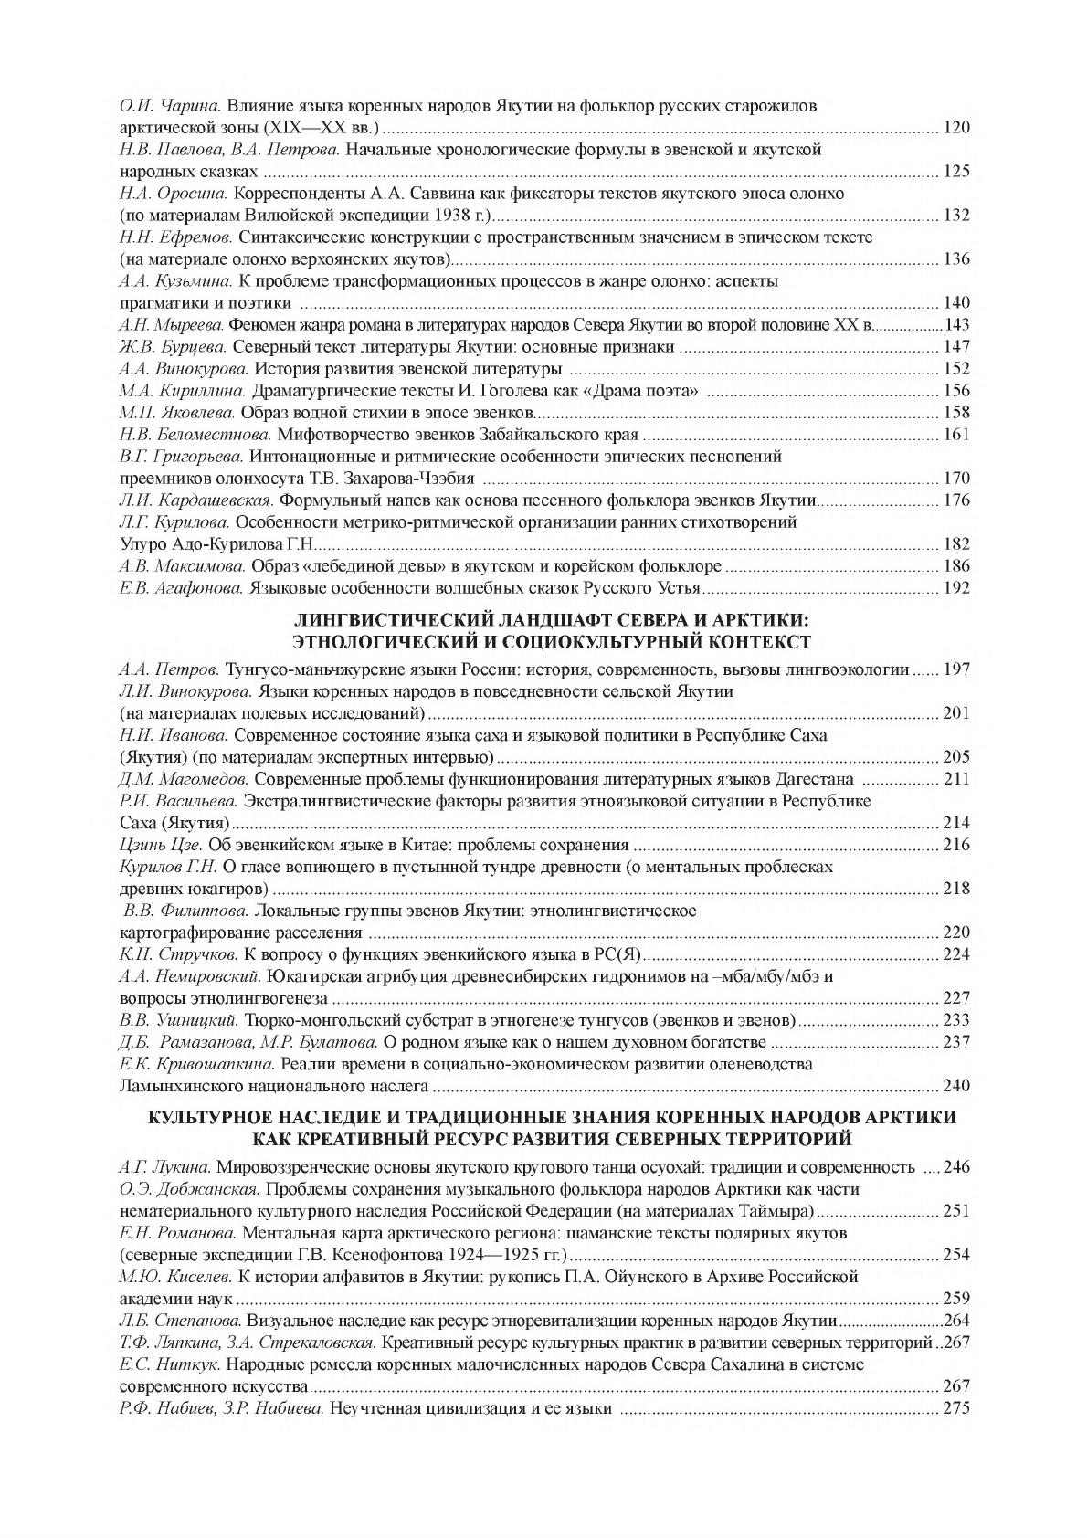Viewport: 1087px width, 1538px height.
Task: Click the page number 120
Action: click(955, 128)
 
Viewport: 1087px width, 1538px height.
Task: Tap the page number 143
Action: click(957, 325)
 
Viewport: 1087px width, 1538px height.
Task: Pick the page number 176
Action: click(955, 500)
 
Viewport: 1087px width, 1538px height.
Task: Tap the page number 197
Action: click(955, 669)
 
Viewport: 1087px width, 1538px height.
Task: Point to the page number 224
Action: click(955, 954)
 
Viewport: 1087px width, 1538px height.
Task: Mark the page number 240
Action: click(955, 1086)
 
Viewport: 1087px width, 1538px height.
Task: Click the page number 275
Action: click(955, 1408)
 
